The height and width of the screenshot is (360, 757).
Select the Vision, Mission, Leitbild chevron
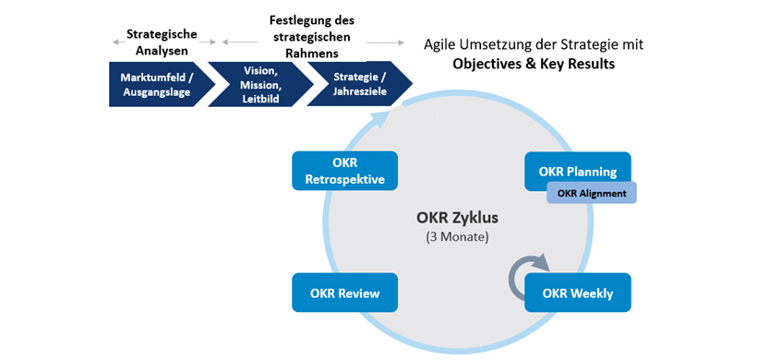[260, 84]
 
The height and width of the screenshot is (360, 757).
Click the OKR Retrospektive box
[344, 171]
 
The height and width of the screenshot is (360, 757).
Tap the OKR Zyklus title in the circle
[456, 219]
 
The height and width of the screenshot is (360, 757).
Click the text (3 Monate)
[456, 237]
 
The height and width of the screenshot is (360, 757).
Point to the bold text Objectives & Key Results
[533, 64]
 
